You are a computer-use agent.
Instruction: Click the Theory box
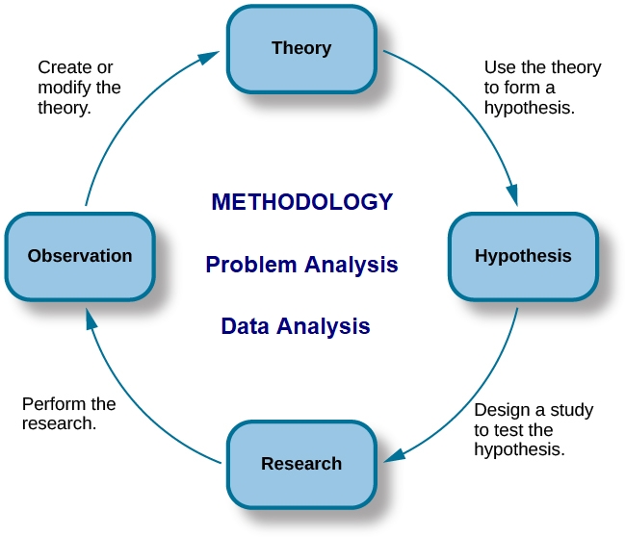301,49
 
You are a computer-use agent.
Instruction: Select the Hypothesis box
523,257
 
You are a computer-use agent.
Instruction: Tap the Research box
301,465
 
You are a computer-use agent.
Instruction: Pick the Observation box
80,257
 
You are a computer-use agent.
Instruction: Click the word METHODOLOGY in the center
302,201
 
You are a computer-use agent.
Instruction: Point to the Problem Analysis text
301,265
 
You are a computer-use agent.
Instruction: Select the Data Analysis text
296,326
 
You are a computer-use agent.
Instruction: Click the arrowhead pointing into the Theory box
209,57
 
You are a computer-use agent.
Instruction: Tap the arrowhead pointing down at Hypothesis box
512,195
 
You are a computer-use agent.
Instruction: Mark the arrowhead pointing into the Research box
395,455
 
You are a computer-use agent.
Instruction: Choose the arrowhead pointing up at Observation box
91,319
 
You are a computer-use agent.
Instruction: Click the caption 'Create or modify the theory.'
79,88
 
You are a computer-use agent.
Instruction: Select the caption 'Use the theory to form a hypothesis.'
542,88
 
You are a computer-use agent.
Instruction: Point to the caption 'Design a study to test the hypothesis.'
534,430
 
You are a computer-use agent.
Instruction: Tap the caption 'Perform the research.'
69,414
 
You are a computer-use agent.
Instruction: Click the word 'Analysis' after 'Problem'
352,266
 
